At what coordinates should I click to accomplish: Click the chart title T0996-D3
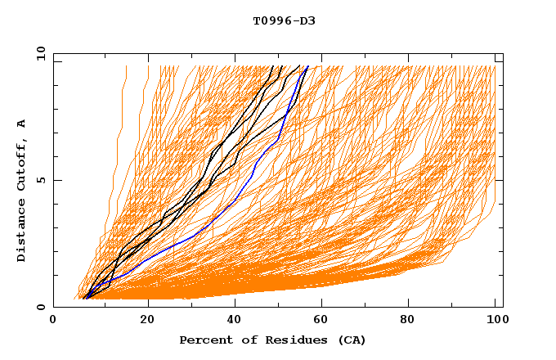[284, 20]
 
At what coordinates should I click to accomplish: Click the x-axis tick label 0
[54, 322]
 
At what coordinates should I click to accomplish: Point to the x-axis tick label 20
[147, 322]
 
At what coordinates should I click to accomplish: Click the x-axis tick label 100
[495, 322]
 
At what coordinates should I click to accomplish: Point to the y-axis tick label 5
[41, 180]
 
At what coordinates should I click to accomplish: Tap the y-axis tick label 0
[41, 307]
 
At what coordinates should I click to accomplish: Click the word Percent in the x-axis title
[204, 340]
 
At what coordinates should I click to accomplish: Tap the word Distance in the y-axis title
[22, 230]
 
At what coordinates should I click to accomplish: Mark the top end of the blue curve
[307, 67]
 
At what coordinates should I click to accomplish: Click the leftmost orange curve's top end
[126, 67]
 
